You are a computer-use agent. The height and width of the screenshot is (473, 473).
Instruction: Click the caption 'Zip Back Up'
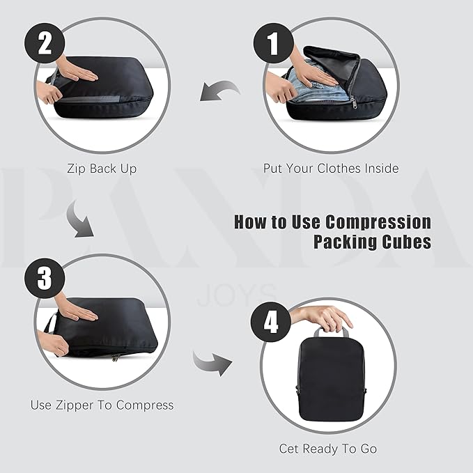(102, 168)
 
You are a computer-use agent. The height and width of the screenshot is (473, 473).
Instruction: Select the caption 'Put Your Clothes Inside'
(331, 168)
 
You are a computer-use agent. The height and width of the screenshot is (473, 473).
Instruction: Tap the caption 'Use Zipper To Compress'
(102, 405)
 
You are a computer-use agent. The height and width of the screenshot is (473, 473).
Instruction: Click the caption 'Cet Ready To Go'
(328, 449)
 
